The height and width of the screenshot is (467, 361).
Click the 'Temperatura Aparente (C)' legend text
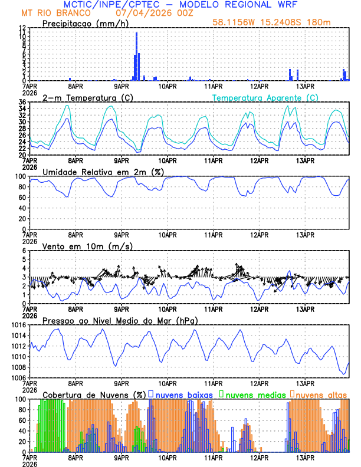pyautogui.click(x=265, y=97)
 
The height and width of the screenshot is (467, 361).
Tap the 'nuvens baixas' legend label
pyautogui.click(x=186, y=394)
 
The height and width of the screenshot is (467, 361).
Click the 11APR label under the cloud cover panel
pyautogui.click(x=213, y=457)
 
